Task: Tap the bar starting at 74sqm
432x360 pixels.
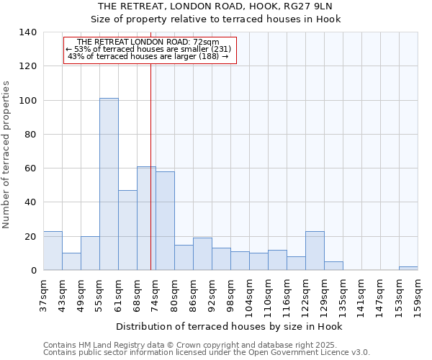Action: coord(165,220)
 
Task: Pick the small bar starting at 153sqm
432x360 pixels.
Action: coord(408,268)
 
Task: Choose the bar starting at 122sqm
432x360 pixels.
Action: coord(315,251)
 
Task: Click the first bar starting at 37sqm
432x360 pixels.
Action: coord(53,251)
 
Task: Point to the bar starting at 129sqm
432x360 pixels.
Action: coord(333,266)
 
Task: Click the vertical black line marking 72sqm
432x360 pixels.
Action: coord(150,166)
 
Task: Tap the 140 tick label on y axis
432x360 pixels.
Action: coord(28,32)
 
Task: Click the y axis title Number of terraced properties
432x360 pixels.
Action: coord(7,154)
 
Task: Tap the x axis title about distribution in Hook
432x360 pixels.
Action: coord(229,326)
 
